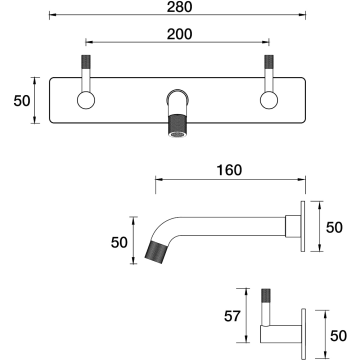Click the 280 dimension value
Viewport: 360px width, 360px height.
pyautogui.click(x=180, y=7)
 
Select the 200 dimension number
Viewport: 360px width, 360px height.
pyautogui.click(x=180, y=34)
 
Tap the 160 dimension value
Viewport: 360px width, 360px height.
pyautogui.click(x=229, y=170)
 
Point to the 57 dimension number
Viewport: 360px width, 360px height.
pyautogui.click(x=232, y=316)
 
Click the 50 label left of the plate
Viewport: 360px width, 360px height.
pyautogui.click(x=22, y=101)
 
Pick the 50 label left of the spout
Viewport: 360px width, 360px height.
pyautogui.click(x=119, y=242)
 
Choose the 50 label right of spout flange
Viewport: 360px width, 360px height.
pyautogui.click(x=334, y=227)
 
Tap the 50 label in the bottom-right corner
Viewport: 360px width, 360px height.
pyautogui.click(x=338, y=336)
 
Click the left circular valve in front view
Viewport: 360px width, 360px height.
pyautogui.click(x=86, y=100)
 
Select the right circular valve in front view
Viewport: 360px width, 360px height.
pyautogui.click(x=269, y=100)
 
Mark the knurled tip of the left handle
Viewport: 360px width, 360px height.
pyautogui.click(x=86, y=62)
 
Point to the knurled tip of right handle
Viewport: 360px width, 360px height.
pyautogui.click(x=269, y=62)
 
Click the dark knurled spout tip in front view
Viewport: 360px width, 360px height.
pyautogui.click(x=178, y=125)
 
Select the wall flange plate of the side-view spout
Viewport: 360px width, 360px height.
pyautogui.click(x=303, y=226)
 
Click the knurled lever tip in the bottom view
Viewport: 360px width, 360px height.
pyautogui.click(x=266, y=295)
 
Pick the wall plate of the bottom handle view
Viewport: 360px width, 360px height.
pyautogui.click(x=303, y=334)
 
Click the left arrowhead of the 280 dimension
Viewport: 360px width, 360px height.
pyautogui.click(x=52, y=15)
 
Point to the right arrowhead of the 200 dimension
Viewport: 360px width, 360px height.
pyautogui.click(x=267, y=42)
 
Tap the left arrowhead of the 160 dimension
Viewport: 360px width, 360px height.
pyautogui.click(x=158, y=179)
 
